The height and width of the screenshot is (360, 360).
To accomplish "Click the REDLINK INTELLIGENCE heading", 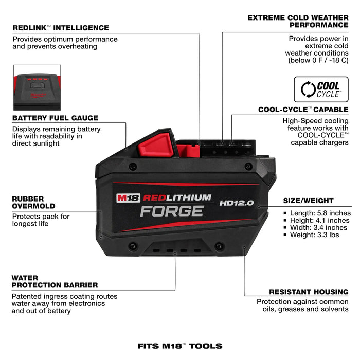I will (x=60, y=28).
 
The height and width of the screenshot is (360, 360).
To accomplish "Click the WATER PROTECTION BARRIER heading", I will (x=55, y=281).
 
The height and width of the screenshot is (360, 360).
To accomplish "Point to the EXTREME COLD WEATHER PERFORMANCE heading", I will (x=298, y=21).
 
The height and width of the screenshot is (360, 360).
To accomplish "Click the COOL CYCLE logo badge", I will (x=321, y=89).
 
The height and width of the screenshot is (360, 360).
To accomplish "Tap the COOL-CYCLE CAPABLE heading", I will (x=303, y=110).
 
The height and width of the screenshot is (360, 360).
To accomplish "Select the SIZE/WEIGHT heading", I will (x=309, y=201).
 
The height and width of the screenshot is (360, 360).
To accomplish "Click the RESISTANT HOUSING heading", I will (x=309, y=291).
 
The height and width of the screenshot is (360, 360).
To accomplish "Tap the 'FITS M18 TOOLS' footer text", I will (x=180, y=346).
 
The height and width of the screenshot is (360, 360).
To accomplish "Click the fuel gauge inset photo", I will (x=37, y=87).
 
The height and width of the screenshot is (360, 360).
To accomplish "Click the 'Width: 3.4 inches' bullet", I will (x=319, y=227).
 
